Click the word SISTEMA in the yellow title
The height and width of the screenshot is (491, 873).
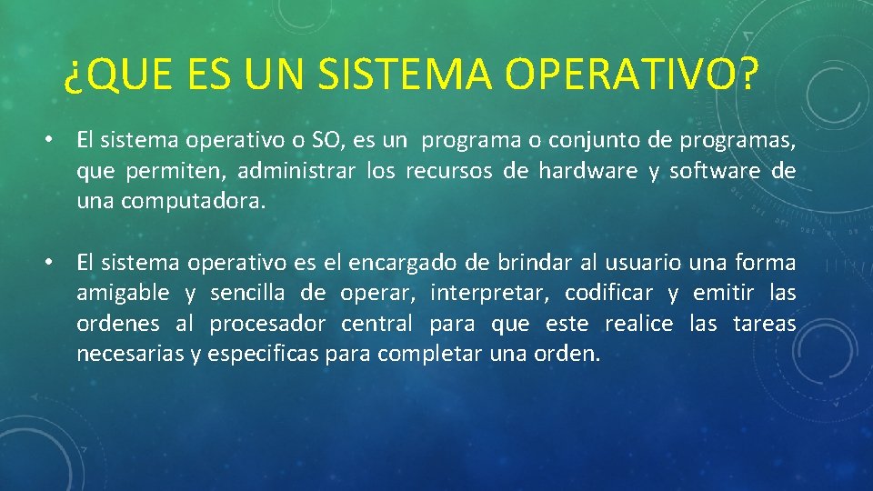click(405, 74)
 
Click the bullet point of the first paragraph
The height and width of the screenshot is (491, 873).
click(49, 138)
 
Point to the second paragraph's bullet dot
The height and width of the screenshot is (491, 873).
click(49, 261)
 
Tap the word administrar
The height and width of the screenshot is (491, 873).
click(296, 170)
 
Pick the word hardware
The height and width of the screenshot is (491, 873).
click(588, 170)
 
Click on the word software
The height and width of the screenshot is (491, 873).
click(715, 170)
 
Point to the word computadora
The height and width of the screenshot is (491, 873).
click(193, 202)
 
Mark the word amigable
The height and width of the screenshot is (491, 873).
click(123, 294)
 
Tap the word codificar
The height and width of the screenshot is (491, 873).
click(608, 292)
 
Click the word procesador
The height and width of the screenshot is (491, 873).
click(267, 325)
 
